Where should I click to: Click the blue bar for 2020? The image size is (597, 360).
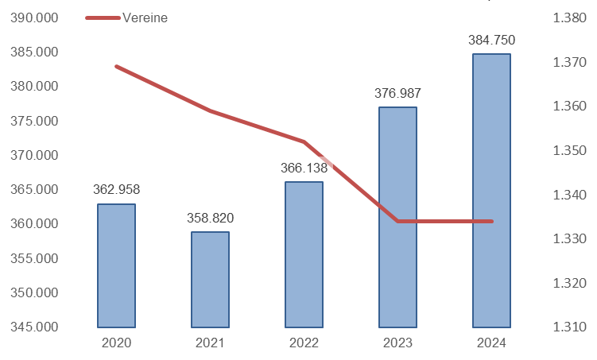(x=116, y=265)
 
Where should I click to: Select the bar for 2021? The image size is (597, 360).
(x=210, y=280)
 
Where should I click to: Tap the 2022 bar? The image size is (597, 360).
(x=304, y=254)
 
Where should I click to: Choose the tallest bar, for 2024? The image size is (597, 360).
(x=491, y=191)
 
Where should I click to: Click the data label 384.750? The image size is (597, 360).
(x=491, y=41)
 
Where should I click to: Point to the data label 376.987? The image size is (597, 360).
(x=397, y=93)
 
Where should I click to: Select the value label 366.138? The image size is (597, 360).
(x=304, y=168)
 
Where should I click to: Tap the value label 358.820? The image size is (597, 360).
(x=210, y=218)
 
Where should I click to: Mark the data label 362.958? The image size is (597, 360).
(x=116, y=190)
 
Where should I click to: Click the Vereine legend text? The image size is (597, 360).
(x=145, y=17)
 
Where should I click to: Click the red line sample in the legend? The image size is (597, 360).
(x=103, y=17)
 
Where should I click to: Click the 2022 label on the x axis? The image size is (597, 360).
(x=304, y=343)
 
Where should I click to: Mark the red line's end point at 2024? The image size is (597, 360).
(x=491, y=221)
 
